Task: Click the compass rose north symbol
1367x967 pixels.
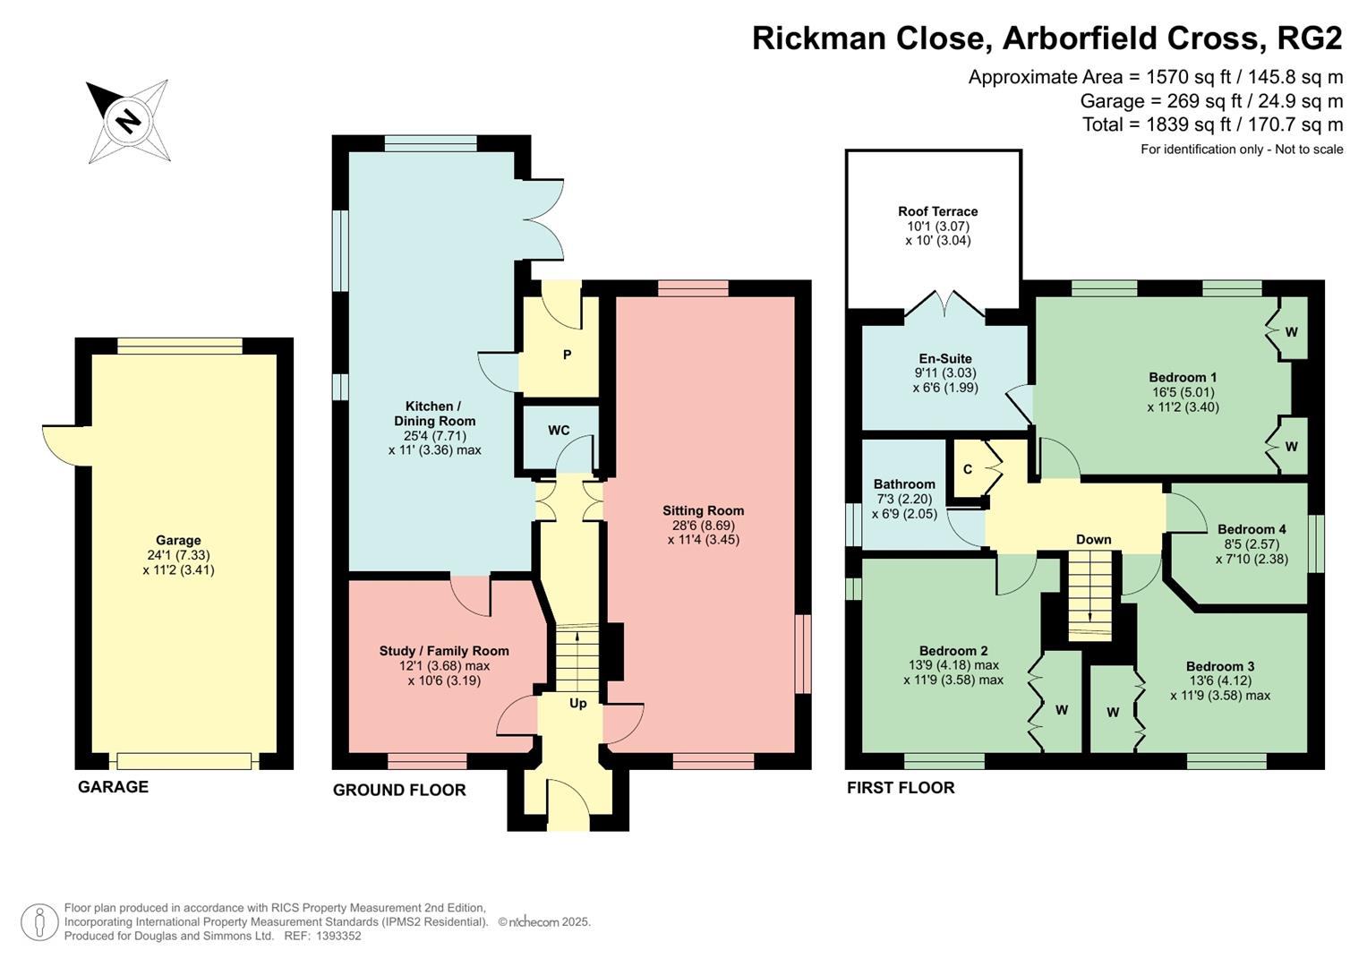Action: pos(128,120)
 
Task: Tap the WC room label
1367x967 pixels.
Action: pos(559,430)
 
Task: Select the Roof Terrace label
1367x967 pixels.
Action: pos(937,211)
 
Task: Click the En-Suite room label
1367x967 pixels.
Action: pos(944,358)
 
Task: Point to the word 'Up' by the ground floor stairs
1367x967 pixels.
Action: pos(578,703)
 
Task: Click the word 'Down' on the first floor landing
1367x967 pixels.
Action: pos(1093,539)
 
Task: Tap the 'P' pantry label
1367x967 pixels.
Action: pos(567,355)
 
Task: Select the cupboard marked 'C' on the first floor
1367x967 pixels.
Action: pos(968,469)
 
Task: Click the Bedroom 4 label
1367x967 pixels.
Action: pos(1251,529)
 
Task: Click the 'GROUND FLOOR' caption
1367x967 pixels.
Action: pos(399,790)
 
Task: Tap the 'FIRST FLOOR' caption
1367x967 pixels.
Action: pos(901,787)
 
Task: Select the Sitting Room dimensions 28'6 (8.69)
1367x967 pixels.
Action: pos(703,526)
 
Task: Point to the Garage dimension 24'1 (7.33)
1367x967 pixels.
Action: pos(178,555)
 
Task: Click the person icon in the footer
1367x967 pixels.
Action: pos(39,921)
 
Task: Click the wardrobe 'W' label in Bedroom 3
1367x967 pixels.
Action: pos(1113,713)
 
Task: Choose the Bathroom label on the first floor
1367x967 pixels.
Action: pos(904,483)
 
